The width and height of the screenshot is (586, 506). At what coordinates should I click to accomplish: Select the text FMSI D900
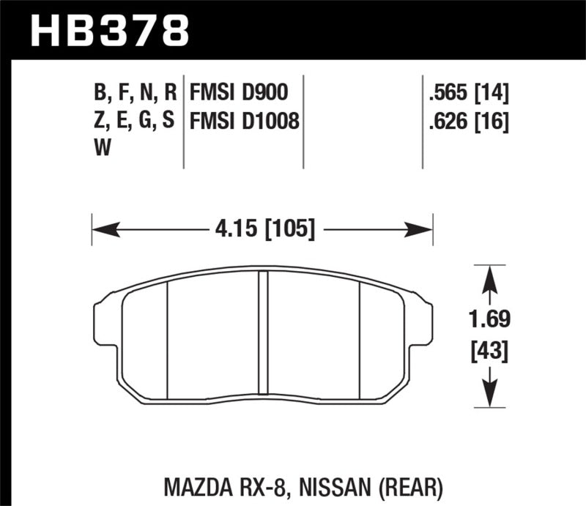coord(238,92)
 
